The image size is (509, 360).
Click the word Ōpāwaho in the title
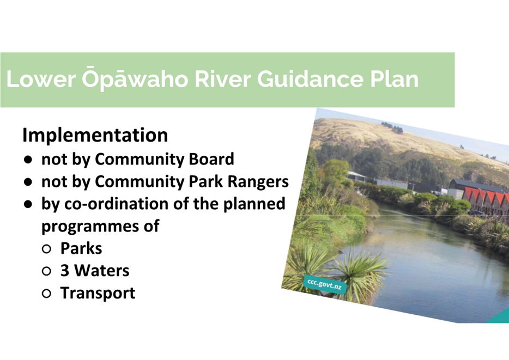point(135,78)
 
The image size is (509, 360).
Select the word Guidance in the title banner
point(310,79)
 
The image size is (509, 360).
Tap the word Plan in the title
point(394,79)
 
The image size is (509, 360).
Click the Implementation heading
point(95,135)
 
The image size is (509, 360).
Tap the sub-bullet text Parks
point(81,248)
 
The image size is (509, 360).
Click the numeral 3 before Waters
point(65,271)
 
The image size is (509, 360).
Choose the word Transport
point(98,293)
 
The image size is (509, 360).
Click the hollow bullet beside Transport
point(46,294)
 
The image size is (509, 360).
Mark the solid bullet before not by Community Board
point(28,160)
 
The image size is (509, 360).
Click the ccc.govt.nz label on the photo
point(325,284)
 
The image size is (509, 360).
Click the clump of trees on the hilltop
point(392,127)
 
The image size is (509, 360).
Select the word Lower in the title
point(41,79)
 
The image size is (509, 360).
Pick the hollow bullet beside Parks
point(46,249)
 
